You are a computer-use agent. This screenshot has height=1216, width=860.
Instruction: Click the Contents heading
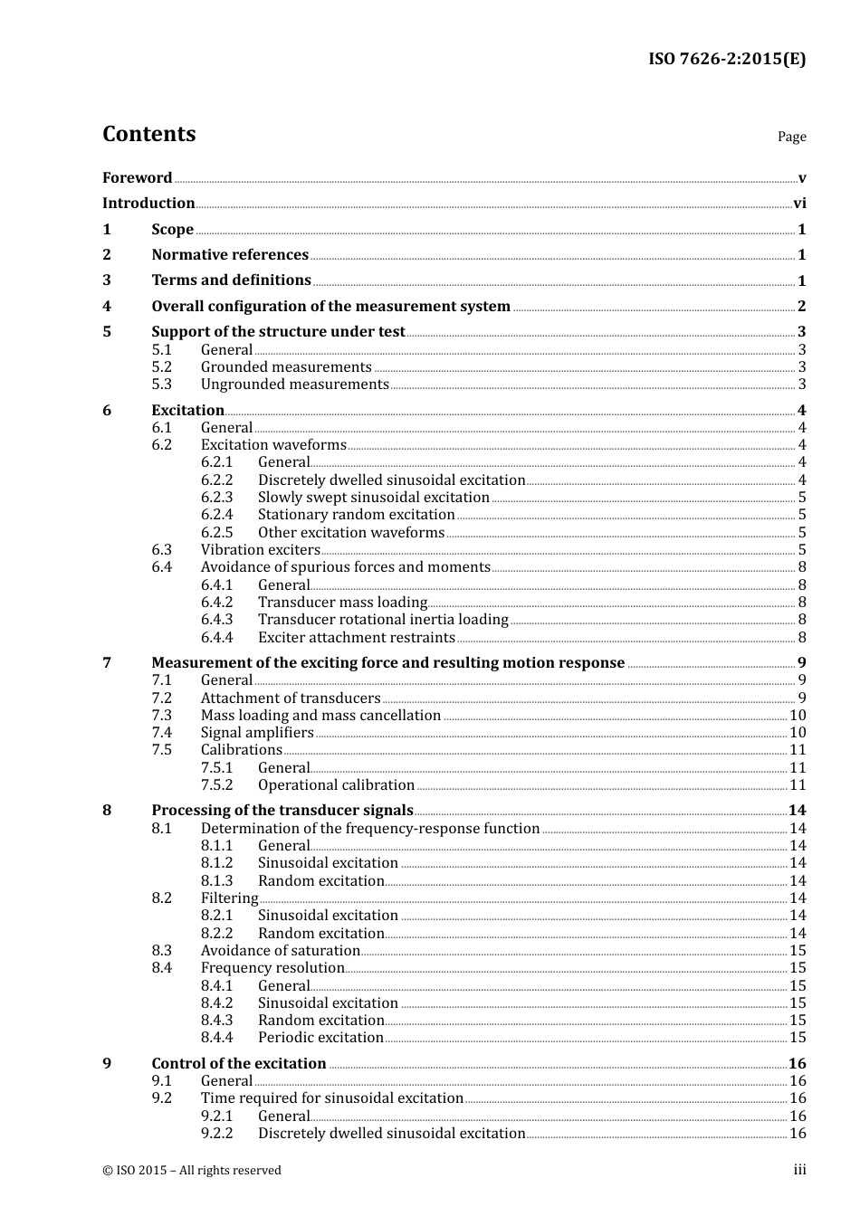coord(148,134)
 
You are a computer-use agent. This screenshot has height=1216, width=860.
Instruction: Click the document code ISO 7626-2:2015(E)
coord(727,60)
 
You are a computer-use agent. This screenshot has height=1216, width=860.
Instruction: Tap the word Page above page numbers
coord(791,137)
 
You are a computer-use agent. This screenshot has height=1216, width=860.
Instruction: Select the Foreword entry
coord(137,178)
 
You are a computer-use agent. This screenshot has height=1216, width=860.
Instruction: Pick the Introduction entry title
coord(148,204)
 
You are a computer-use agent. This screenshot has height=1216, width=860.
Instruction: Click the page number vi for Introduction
coord(799,204)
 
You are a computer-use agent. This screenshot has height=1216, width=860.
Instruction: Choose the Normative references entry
coord(230,255)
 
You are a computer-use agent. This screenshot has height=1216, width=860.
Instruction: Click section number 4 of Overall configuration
coord(107,306)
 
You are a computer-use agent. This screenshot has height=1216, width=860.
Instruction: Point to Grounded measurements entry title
coord(286,367)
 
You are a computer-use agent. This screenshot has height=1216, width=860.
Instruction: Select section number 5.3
coord(162,385)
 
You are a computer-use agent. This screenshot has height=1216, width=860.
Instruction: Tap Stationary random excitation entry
coord(356,515)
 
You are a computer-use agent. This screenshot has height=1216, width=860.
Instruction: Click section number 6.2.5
coord(217,533)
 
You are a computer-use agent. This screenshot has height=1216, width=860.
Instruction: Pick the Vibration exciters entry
coord(260,550)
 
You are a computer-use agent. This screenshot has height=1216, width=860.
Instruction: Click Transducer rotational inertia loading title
coord(383,620)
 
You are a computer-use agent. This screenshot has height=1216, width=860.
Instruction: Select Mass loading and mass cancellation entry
coord(320,716)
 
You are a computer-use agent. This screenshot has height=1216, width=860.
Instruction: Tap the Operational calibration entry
coord(336,785)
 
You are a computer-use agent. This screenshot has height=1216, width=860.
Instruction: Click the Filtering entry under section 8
coord(229,898)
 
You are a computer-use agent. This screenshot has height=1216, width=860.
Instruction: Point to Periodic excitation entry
coord(320,1038)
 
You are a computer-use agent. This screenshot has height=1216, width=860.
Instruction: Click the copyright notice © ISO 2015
coord(191,1171)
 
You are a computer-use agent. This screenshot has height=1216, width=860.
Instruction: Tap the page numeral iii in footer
coord(799,1171)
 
